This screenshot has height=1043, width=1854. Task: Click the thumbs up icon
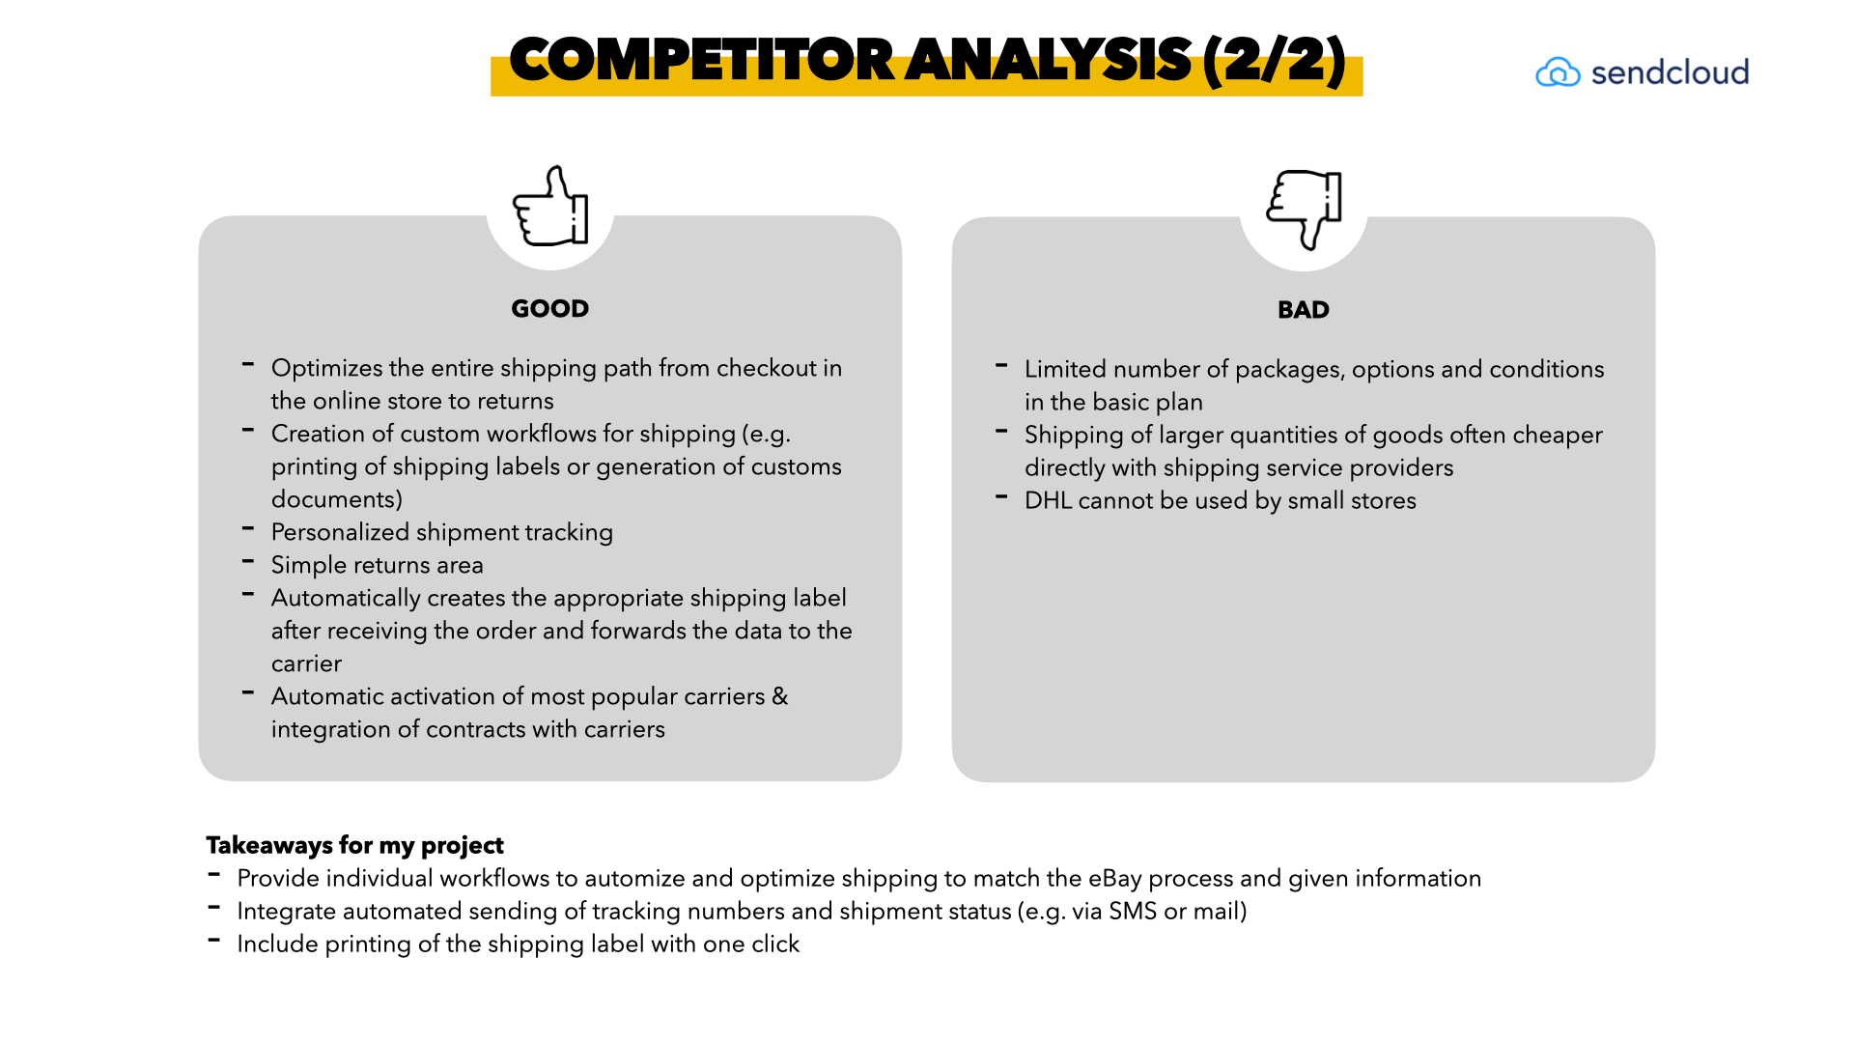pyautogui.click(x=550, y=206)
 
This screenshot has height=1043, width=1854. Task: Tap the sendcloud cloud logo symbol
pyautogui.click(x=1558, y=72)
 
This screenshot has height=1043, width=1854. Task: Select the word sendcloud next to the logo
pyautogui.click(x=1670, y=72)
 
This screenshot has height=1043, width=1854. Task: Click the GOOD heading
pyautogui.click(x=549, y=309)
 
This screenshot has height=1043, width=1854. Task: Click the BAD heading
pyautogui.click(x=1303, y=310)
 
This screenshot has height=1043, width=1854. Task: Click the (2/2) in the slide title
pyautogui.click(x=1274, y=60)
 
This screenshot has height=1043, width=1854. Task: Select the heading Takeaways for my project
pyautogui.click(x=354, y=845)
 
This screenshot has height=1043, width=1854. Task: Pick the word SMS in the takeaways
pyautogui.click(x=1132, y=911)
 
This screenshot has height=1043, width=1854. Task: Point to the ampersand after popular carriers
pyautogui.click(x=780, y=696)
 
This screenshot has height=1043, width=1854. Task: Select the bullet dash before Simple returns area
pyautogui.click(x=248, y=561)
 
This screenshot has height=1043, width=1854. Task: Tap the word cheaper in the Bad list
pyautogui.click(x=1557, y=435)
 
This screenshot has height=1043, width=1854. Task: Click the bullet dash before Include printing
pyautogui.click(x=214, y=940)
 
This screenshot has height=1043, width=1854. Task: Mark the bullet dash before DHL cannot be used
pyautogui.click(x=1001, y=496)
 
